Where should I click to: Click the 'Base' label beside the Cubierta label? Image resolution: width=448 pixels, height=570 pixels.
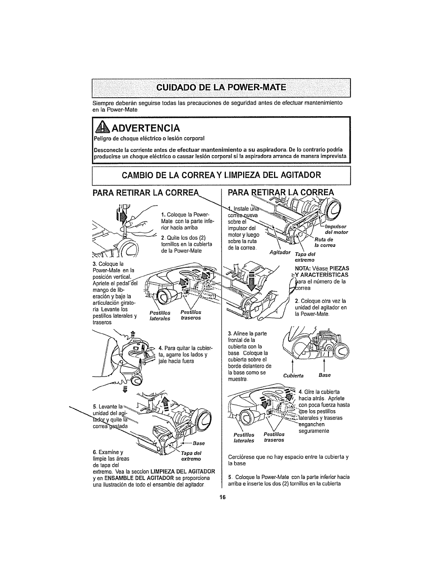coord(324,375)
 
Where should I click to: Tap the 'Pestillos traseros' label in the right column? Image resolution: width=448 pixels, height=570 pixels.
coord(274,437)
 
